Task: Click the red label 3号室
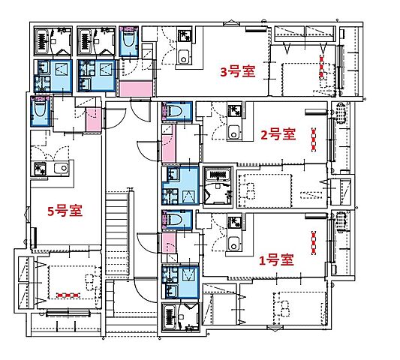coord(238,71)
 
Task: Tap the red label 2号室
coord(278,134)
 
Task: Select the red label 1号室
coord(276,260)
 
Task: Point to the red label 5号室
coord(65,211)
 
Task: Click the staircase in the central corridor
coord(117,233)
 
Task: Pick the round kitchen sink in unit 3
coord(183,57)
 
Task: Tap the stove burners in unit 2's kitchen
coord(233,111)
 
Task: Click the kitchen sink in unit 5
coord(62,168)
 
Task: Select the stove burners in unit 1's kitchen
coord(233,222)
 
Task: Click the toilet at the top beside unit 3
coord(129,40)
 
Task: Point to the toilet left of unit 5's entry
coord(41,111)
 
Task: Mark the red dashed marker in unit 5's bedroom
coord(68,295)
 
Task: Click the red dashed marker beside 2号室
coord(314,139)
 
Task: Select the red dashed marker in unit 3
coord(322,67)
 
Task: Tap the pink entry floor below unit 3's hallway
coord(135,88)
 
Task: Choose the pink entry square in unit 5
coord(93,119)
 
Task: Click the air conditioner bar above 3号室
coord(256,29)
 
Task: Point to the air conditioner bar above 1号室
coord(316,216)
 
